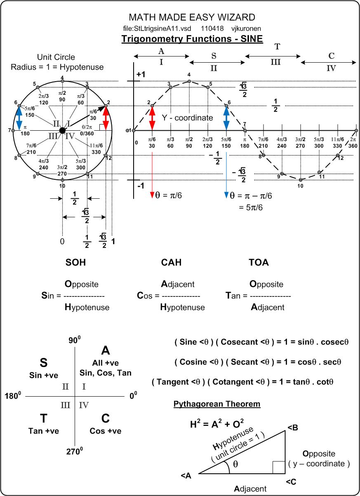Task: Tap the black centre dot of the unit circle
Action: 62,130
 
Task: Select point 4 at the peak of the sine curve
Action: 189,81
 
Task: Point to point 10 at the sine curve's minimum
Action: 301,180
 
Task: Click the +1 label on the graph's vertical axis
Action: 141,75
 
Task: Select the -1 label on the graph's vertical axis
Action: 141,186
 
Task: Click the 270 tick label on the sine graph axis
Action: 301,146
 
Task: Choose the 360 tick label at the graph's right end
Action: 353,146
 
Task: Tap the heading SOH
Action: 76,263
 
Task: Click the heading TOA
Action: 259,263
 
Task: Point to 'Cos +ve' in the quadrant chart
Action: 106,431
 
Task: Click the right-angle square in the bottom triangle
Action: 278,467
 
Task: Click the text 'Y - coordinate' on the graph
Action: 187,118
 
